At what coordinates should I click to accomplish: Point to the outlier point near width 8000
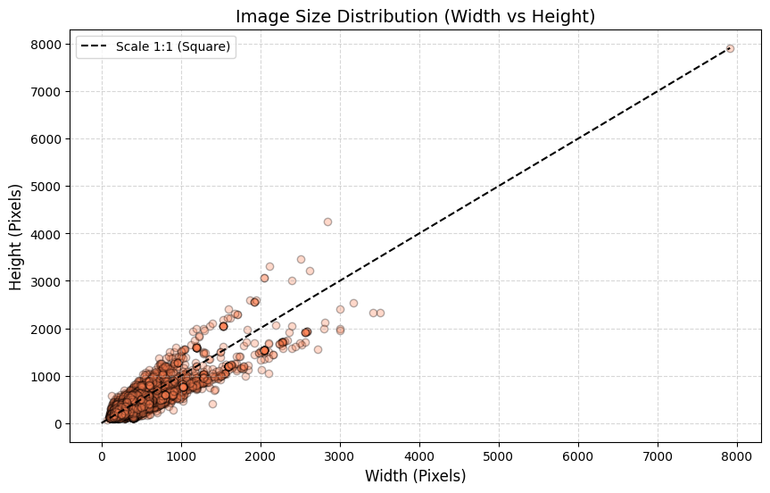(730, 48)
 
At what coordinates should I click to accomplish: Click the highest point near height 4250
(327, 221)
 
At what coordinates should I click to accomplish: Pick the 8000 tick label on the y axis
(46, 45)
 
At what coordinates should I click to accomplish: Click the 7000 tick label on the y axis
(46, 92)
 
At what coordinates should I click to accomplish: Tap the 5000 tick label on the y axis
(46, 187)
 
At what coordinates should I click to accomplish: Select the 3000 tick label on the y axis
(46, 281)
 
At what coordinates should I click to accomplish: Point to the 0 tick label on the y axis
(57, 424)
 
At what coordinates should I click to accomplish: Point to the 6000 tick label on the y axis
(46, 139)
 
